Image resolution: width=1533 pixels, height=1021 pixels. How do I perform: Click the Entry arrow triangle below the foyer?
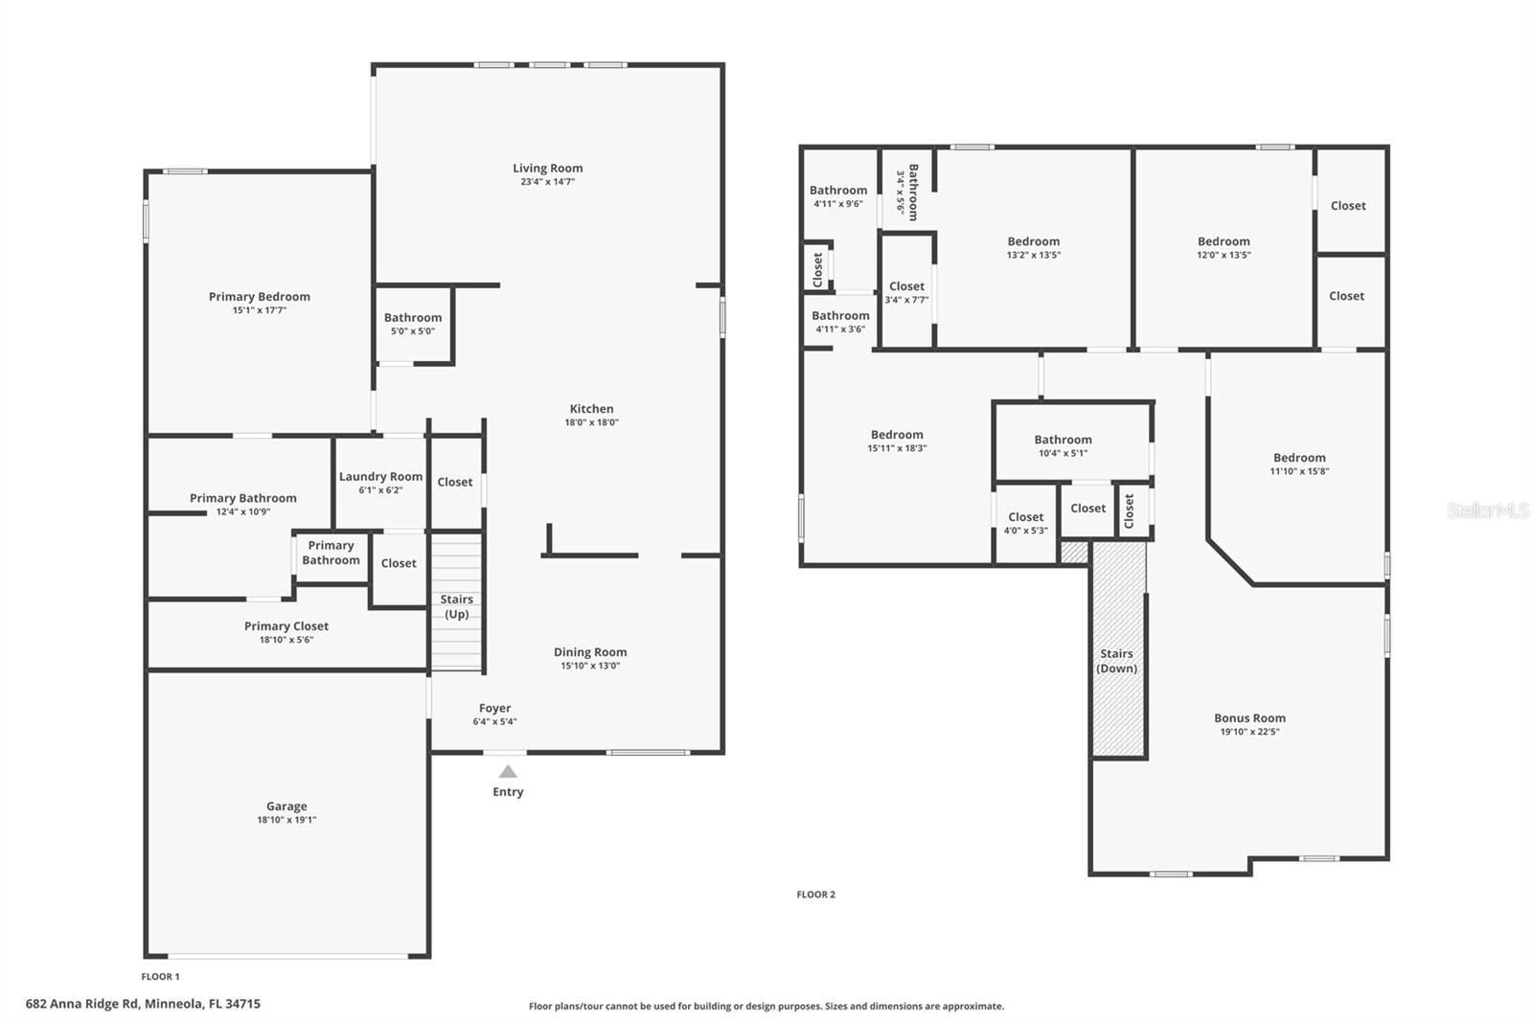[x=508, y=772]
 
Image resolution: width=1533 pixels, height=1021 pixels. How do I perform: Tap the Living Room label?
[x=547, y=169]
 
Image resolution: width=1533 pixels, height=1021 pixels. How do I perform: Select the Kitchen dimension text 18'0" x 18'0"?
[x=591, y=422]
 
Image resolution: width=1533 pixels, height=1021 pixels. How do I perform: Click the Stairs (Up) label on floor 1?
[x=456, y=606]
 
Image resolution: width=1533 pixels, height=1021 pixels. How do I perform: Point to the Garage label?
[x=286, y=806]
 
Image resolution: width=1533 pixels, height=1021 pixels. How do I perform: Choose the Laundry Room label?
[x=380, y=477]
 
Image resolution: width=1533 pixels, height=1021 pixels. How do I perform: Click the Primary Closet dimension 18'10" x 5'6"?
[x=286, y=640]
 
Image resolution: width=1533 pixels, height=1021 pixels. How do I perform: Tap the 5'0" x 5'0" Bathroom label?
[x=413, y=318]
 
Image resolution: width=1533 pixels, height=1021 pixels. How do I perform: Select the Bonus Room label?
[x=1249, y=718]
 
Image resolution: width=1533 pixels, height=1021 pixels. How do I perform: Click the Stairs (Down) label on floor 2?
[x=1116, y=661]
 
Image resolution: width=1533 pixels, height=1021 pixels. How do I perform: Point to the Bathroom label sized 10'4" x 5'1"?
[x=1063, y=440]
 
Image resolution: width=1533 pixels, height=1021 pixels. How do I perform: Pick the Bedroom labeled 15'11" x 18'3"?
[x=897, y=435]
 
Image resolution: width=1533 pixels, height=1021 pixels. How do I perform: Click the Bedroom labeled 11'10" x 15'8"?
[x=1299, y=458]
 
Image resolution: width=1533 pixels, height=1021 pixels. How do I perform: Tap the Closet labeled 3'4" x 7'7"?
[x=906, y=286]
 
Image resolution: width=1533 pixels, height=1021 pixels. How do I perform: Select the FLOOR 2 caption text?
[x=815, y=895]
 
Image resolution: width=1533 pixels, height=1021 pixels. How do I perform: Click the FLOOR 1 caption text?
[x=160, y=977]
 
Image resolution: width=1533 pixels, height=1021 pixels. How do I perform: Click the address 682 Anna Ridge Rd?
[x=143, y=1004]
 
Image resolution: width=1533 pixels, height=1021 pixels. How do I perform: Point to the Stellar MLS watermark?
[x=1487, y=510]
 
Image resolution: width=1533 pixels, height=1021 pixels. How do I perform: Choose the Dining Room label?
[x=590, y=652]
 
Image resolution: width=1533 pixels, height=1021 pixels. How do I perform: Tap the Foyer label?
[x=494, y=709]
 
